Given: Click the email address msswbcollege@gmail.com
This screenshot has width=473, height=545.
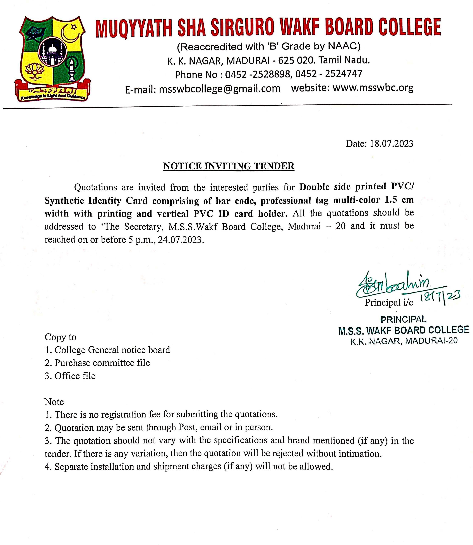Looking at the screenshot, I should [x=220, y=89].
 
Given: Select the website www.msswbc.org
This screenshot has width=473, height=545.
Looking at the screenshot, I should [x=373, y=88].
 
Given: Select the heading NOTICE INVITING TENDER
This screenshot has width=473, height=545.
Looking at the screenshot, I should [x=229, y=166].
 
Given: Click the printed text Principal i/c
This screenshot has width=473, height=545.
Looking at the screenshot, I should [x=389, y=302].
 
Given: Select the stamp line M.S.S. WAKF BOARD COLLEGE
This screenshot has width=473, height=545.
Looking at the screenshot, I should [x=404, y=330].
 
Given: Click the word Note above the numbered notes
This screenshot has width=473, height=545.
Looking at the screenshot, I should [x=54, y=402].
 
